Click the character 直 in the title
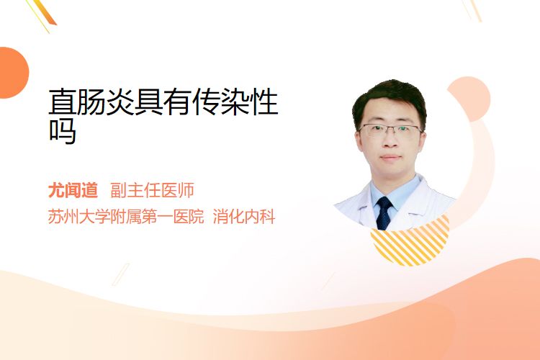(63, 102)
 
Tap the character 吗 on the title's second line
(63, 130)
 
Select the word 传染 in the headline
(221, 102)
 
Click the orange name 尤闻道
(73, 190)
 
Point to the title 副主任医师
(152, 190)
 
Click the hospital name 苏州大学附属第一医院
(126, 217)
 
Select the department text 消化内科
(244, 217)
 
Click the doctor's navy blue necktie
(384, 213)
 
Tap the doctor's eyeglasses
(390, 130)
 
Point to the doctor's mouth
(391, 158)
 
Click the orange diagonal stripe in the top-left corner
(44, 12)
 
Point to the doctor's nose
(390, 141)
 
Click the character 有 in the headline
(178, 102)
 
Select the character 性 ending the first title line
(264, 102)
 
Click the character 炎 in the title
(120, 102)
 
